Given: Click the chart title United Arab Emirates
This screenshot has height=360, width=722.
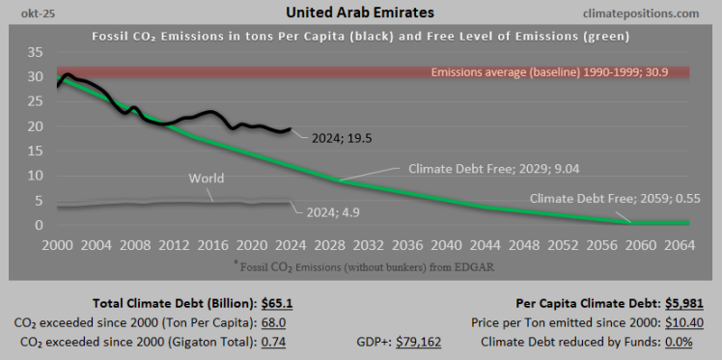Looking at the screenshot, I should [360, 14].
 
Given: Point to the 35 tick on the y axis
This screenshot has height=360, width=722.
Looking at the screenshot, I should [35, 52].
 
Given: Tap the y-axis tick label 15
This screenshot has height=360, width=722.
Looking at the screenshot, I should [35, 152].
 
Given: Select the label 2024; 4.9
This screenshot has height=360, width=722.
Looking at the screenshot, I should [334, 211].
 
